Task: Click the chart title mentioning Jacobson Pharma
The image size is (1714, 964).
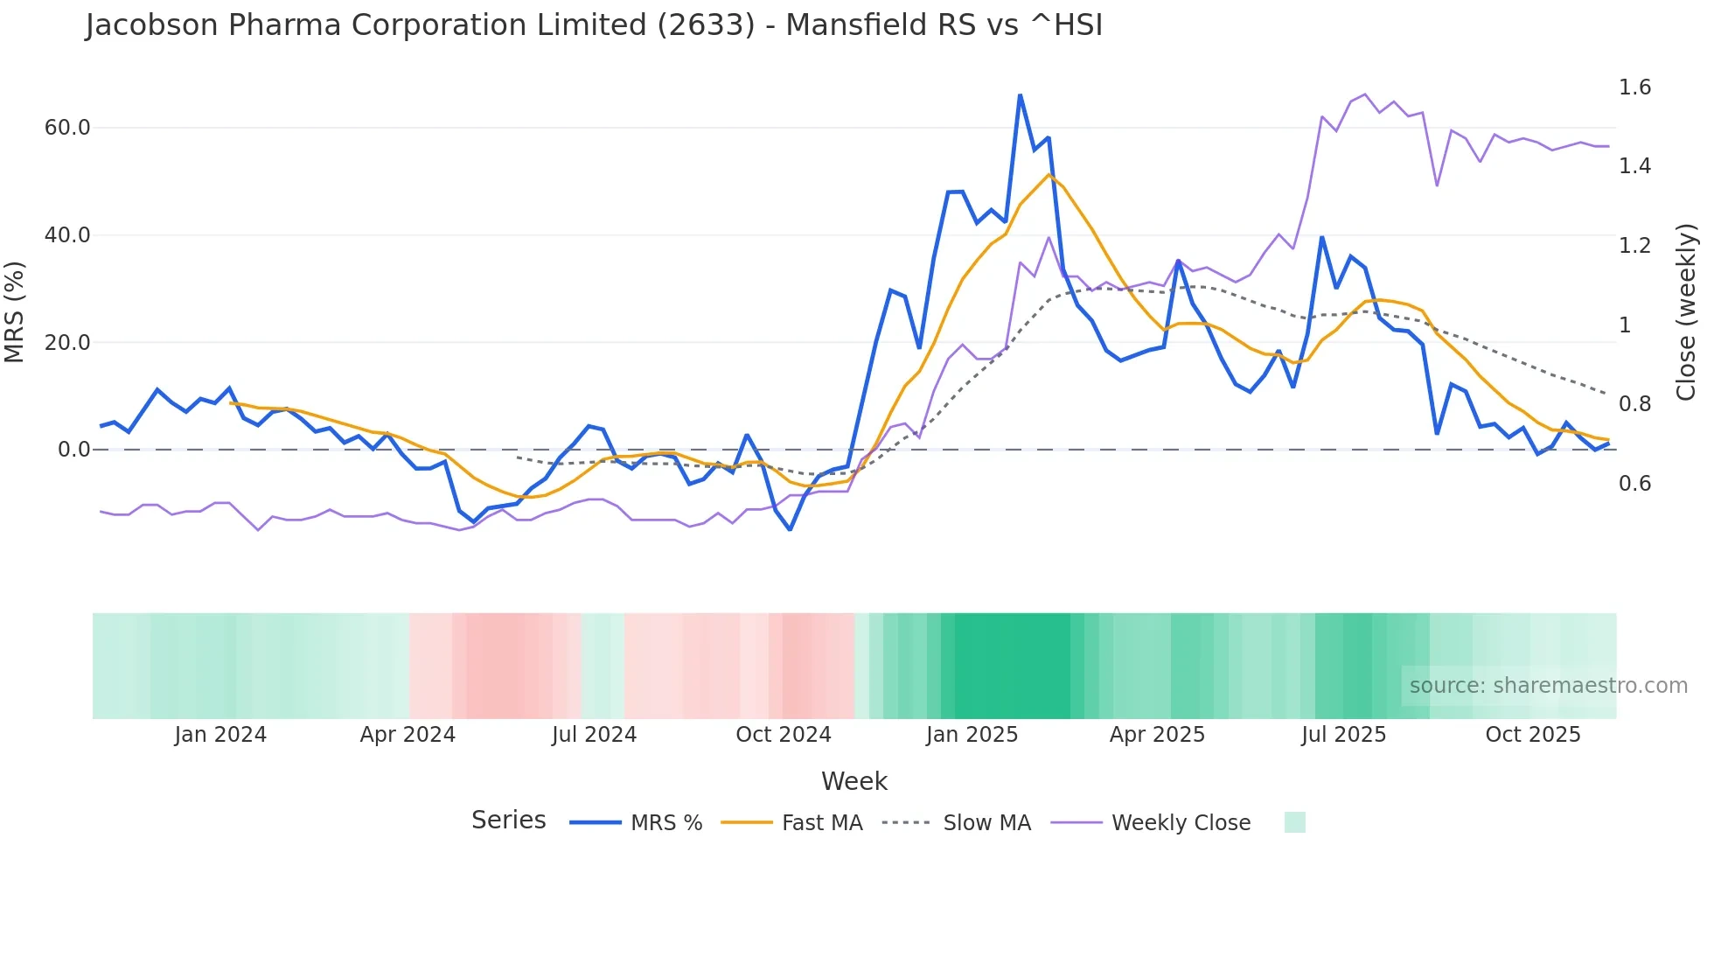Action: (594, 25)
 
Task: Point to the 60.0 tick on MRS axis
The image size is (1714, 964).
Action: (67, 128)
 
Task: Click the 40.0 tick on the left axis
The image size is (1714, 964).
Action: (67, 235)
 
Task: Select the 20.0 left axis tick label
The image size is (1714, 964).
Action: (67, 343)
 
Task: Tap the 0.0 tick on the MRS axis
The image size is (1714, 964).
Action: (73, 450)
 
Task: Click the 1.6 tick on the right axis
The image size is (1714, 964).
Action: (1634, 87)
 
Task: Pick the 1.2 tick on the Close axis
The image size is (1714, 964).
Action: (1634, 246)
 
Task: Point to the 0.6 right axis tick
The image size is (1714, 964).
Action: (1634, 484)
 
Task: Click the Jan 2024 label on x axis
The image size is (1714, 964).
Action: (220, 735)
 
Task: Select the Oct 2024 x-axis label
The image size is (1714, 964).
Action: (783, 735)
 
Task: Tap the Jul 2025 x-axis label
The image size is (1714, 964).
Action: (1343, 735)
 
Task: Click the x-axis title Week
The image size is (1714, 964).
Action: (854, 781)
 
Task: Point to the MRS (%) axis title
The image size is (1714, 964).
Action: (15, 311)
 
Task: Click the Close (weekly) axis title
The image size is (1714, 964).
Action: (1686, 312)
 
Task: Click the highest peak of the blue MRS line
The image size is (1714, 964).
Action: (1020, 94)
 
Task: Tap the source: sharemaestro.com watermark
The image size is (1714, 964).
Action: (1548, 686)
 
